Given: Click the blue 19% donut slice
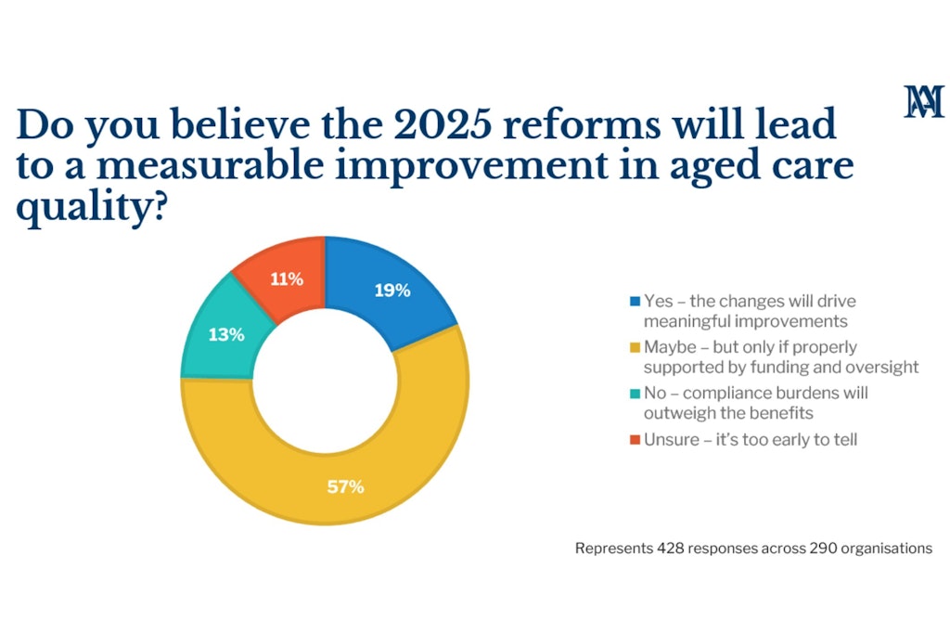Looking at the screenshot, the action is coord(388,291).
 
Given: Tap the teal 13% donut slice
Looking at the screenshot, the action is coord(225,334).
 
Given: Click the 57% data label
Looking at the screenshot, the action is coord(345,486).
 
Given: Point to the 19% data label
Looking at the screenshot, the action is coord(392,291).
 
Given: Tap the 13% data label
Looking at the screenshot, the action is coord(226,334).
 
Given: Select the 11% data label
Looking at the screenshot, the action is coord(287,278).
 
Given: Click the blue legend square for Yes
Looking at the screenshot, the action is coord(635,302).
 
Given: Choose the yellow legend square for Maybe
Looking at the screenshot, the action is coord(635,347).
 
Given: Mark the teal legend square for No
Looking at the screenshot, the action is coord(635,394).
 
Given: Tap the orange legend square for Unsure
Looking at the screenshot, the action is coord(635,439).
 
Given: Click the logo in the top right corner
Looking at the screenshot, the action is coord(924,101).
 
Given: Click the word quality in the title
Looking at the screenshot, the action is coord(91,207).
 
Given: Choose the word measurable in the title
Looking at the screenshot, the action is coord(211,165).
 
